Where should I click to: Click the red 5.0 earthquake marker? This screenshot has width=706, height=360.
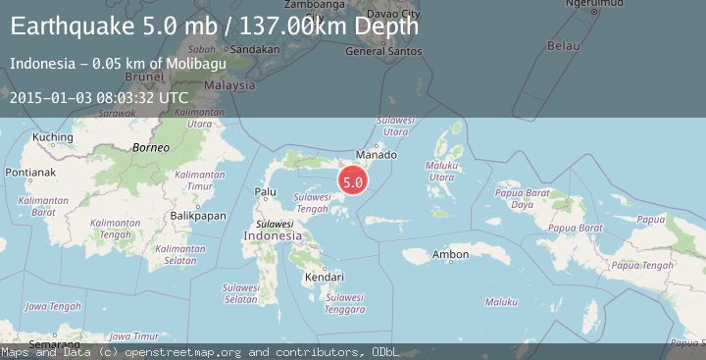(353, 181)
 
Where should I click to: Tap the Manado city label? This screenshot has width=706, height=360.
(377, 155)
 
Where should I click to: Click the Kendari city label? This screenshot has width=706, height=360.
(325, 278)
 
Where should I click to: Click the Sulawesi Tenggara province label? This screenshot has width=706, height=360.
(345, 303)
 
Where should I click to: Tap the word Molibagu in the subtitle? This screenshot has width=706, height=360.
(196, 64)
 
